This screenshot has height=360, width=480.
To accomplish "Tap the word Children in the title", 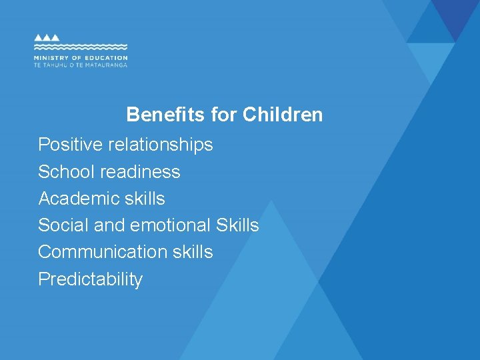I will [283, 115].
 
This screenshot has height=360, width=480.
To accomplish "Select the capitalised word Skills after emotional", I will [237, 225].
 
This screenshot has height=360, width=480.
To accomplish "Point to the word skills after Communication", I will [191, 252].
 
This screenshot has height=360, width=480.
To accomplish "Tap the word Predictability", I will [91, 279].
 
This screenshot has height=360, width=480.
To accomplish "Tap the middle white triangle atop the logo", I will [47, 38].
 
